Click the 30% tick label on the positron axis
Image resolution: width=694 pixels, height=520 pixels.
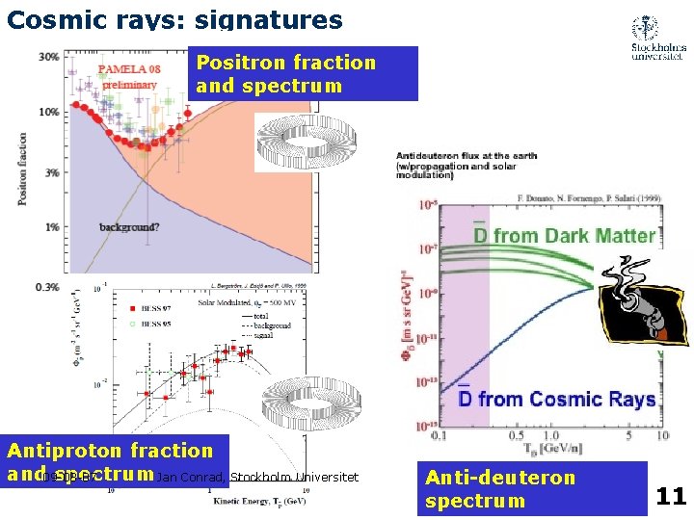click(48, 57)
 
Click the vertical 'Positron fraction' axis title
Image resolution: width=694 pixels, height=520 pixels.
click(21, 168)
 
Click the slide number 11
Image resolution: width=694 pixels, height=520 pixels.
click(670, 497)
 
